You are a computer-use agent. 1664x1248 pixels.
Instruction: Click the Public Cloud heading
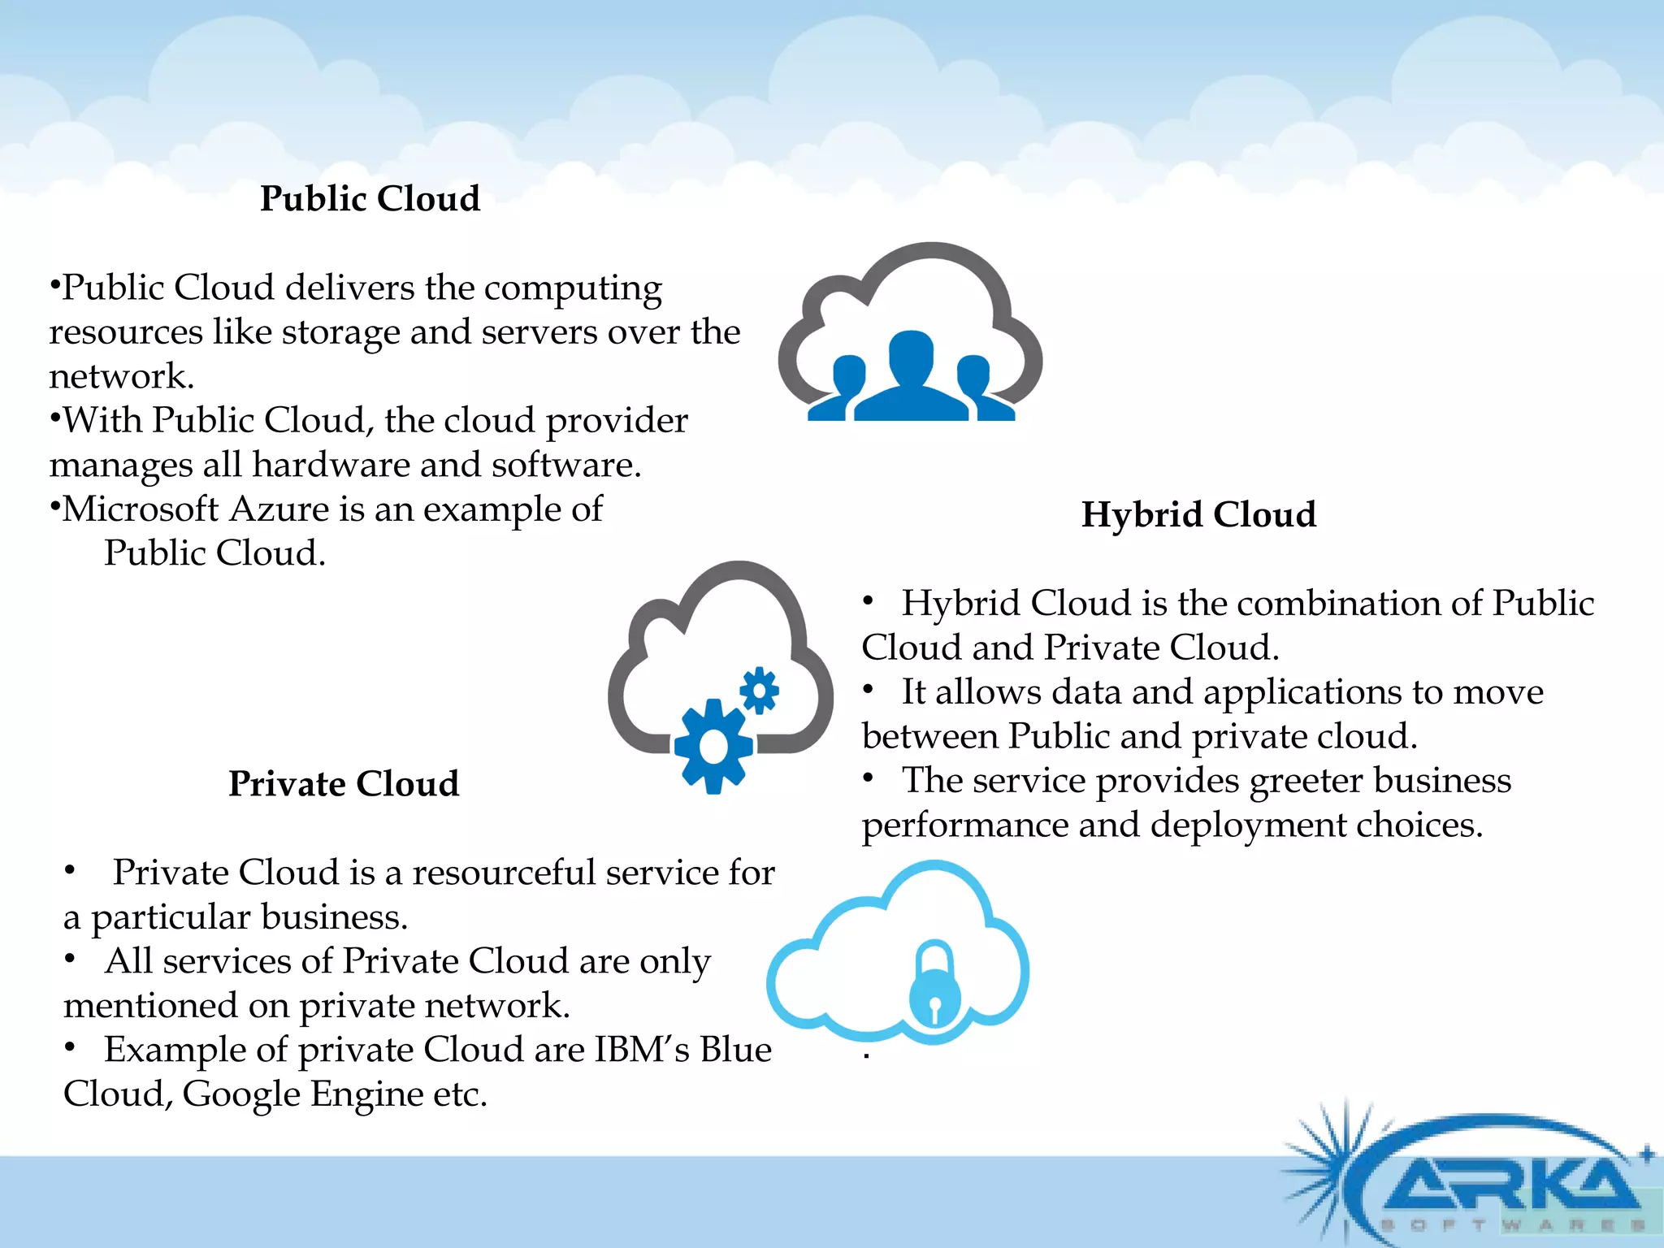pyautogui.click(x=370, y=199)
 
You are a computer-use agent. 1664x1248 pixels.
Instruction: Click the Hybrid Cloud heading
pyautogui.click(x=1198, y=514)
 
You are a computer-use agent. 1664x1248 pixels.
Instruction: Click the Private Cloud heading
pyautogui.click(x=344, y=784)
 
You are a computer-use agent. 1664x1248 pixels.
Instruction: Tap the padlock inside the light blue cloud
pyautogui.click(x=934, y=984)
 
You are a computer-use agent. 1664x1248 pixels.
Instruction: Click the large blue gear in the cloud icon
pyautogui.click(x=713, y=746)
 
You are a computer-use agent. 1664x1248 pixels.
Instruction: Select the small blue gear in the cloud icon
pyautogui.click(x=759, y=691)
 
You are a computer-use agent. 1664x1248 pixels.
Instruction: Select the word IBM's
pyautogui.click(x=642, y=1050)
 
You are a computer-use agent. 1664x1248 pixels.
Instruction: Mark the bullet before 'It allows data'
pyautogui.click(x=868, y=690)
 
